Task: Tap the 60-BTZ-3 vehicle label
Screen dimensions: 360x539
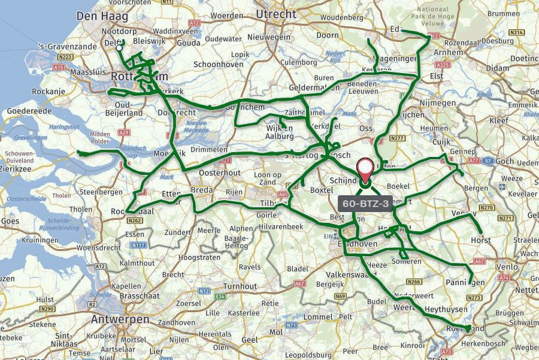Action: click(x=366, y=204)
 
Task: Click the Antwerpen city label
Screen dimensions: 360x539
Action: click(x=120, y=319)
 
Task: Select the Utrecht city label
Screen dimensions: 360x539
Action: click(x=275, y=14)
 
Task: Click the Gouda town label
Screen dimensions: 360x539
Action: click(x=189, y=43)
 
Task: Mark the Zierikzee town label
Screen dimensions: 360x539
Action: click(x=19, y=170)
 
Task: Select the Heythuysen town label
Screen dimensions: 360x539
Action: click(x=446, y=310)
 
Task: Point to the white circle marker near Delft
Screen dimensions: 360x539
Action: click(x=119, y=47)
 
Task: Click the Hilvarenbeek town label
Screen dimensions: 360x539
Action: click(x=281, y=226)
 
